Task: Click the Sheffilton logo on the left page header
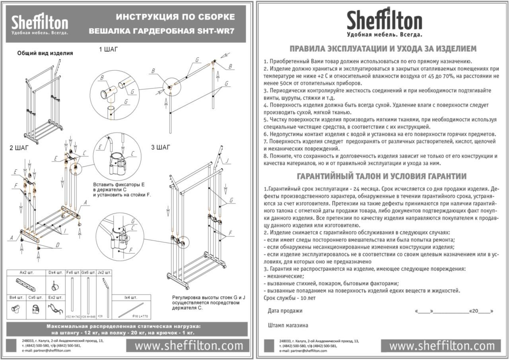pyautogui.click(x=40, y=24)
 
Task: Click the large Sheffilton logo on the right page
pyautogui.click(x=384, y=22)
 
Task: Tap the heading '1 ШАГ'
pyautogui.click(x=109, y=50)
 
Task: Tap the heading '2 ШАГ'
pyautogui.click(x=19, y=148)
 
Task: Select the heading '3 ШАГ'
pyautogui.click(x=161, y=147)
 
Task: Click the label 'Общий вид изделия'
pyautogui.click(x=45, y=53)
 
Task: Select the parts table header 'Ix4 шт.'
pyautogui.click(x=132, y=297)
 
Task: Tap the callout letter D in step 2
pyautogui.click(x=58, y=246)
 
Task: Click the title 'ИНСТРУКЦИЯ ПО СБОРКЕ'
pyautogui.click(x=175, y=17)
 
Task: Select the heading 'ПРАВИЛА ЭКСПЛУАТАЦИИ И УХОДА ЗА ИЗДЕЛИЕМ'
pyautogui.click(x=383, y=49)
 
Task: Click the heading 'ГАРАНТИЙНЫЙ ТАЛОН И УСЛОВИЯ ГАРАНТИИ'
pyautogui.click(x=382, y=176)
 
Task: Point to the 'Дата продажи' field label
pyautogui.click(x=285, y=311)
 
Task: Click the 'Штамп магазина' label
pyautogui.click(x=288, y=325)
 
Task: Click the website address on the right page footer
pyautogui.click(x=441, y=346)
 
